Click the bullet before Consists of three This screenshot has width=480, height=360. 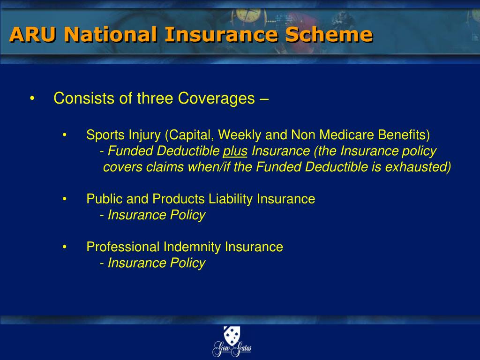32,99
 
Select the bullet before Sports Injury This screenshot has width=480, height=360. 65,135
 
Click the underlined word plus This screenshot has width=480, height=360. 235,151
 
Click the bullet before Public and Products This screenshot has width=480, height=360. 65,199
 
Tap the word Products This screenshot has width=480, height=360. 178,199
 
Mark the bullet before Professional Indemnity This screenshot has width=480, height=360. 65,247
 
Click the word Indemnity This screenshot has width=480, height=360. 192,247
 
